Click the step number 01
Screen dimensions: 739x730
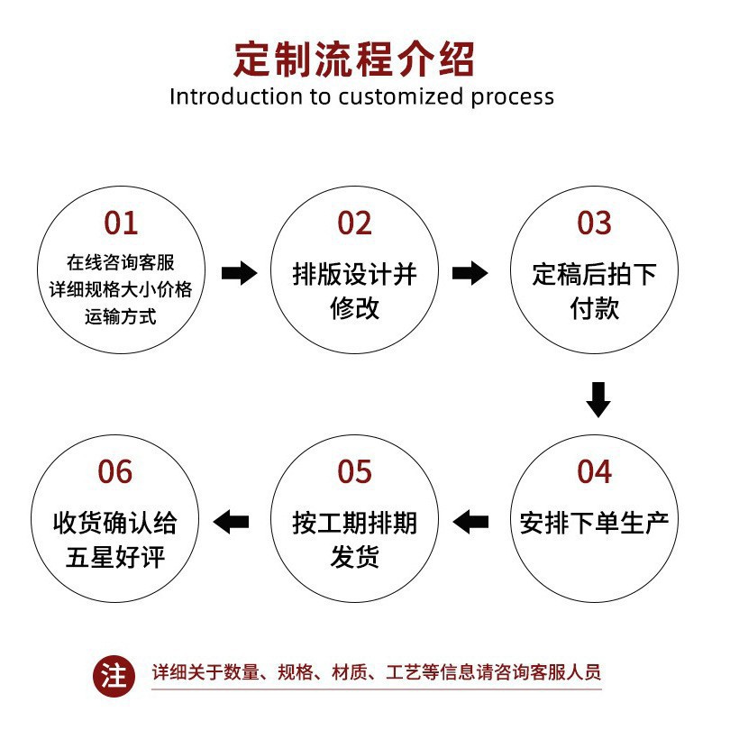(121, 223)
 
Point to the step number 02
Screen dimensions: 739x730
(354, 223)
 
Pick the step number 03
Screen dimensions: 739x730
(594, 223)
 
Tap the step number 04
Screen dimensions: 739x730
(594, 471)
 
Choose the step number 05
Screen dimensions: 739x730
(354, 471)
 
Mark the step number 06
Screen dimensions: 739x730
(115, 471)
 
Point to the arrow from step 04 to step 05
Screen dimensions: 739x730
(470, 521)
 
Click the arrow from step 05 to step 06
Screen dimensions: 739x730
(231, 521)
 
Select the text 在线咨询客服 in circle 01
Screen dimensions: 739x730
(121, 262)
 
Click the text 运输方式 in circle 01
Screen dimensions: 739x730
(121, 316)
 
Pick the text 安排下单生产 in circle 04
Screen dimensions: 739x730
(594, 523)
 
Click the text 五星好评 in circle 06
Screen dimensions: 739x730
(115, 557)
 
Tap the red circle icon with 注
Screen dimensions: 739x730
(114, 675)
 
